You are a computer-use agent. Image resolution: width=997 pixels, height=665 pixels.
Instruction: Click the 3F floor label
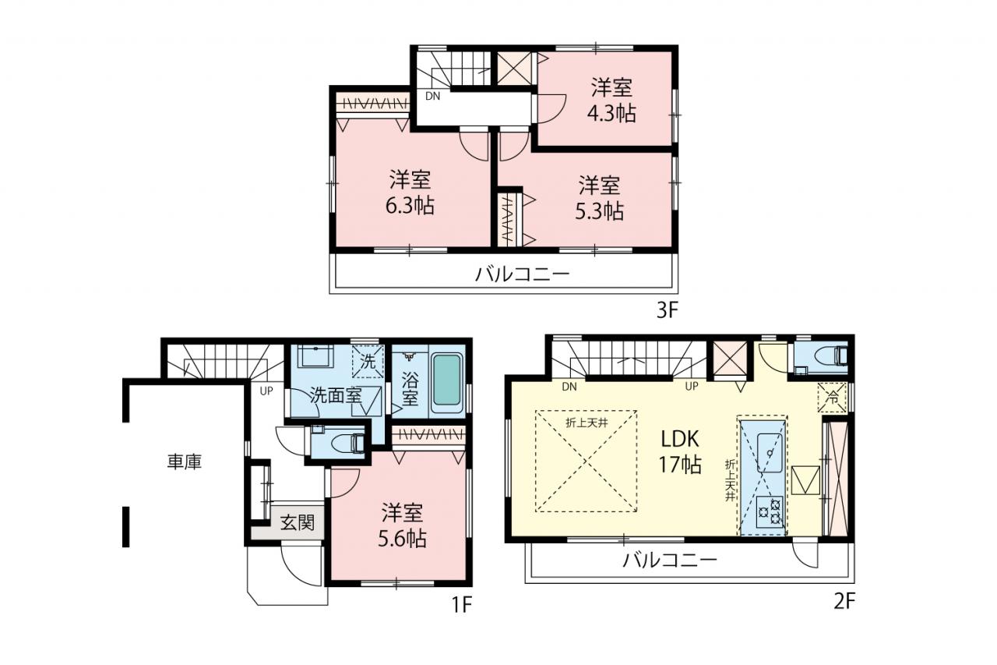click(x=667, y=310)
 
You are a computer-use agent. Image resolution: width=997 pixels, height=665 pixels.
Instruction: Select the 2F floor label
click(x=844, y=602)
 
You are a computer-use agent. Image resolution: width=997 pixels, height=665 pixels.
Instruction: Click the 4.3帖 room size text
click(x=611, y=113)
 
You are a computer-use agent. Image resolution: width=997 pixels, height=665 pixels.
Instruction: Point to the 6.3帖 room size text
click(x=410, y=206)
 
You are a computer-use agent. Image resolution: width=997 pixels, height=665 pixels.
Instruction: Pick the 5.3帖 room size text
click(x=599, y=211)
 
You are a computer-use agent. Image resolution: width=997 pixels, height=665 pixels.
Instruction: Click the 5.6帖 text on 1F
click(x=402, y=539)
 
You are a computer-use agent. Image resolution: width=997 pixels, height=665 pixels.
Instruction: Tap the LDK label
click(x=680, y=439)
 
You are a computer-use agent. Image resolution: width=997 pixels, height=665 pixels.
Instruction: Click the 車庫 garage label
click(x=185, y=462)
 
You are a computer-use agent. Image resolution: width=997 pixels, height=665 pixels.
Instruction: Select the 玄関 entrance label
click(x=297, y=522)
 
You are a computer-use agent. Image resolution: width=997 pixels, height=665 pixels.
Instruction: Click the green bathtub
click(x=446, y=380)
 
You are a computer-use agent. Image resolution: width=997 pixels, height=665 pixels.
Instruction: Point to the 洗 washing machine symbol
click(x=368, y=361)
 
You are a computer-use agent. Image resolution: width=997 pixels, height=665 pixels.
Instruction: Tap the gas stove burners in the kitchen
click(x=770, y=511)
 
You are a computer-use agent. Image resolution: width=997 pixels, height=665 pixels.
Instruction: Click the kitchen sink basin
click(x=770, y=453)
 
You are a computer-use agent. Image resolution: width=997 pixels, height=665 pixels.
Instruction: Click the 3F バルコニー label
click(x=522, y=274)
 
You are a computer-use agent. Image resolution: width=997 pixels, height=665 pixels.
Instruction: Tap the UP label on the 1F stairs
click(x=266, y=391)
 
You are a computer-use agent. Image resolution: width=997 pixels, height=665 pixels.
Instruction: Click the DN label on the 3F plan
click(x=432, y=96)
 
